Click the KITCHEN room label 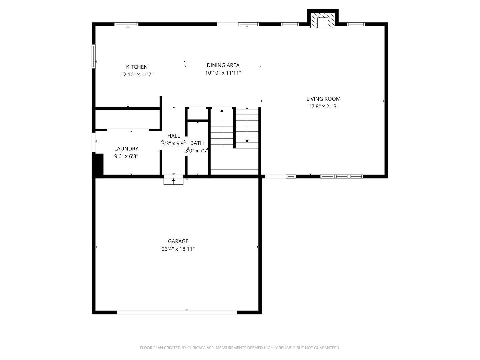(x=137, y=67)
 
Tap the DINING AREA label (x=223, y=65)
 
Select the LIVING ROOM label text (x=323, y=99)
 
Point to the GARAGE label (x=178, y=241)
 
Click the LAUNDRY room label (x=126, y=149)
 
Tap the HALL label (x=174, y=136)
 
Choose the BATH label (x=197, y=143)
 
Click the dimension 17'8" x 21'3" (x=323, y=106)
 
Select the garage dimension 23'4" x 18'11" (x=178, y=249)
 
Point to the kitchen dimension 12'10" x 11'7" (x=137, y=75)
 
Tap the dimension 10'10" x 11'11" (x=223, y=73)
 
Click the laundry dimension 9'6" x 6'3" (x=126, y=156)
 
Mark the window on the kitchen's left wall (x=94, y=56)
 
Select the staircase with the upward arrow (x=222, y=127)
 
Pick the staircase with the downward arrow (x=247, y=128)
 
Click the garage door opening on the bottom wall (x=177, y=312)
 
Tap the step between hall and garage (x=173, y=181)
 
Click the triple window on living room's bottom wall (x=342, y=176)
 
